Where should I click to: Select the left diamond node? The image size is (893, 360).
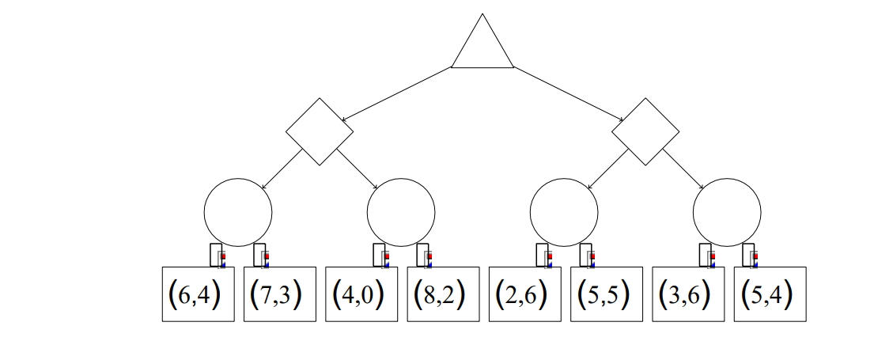[320, 131]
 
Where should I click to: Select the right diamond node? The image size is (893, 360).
[646, 131]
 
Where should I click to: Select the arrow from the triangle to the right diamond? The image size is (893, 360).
[569, 94]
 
